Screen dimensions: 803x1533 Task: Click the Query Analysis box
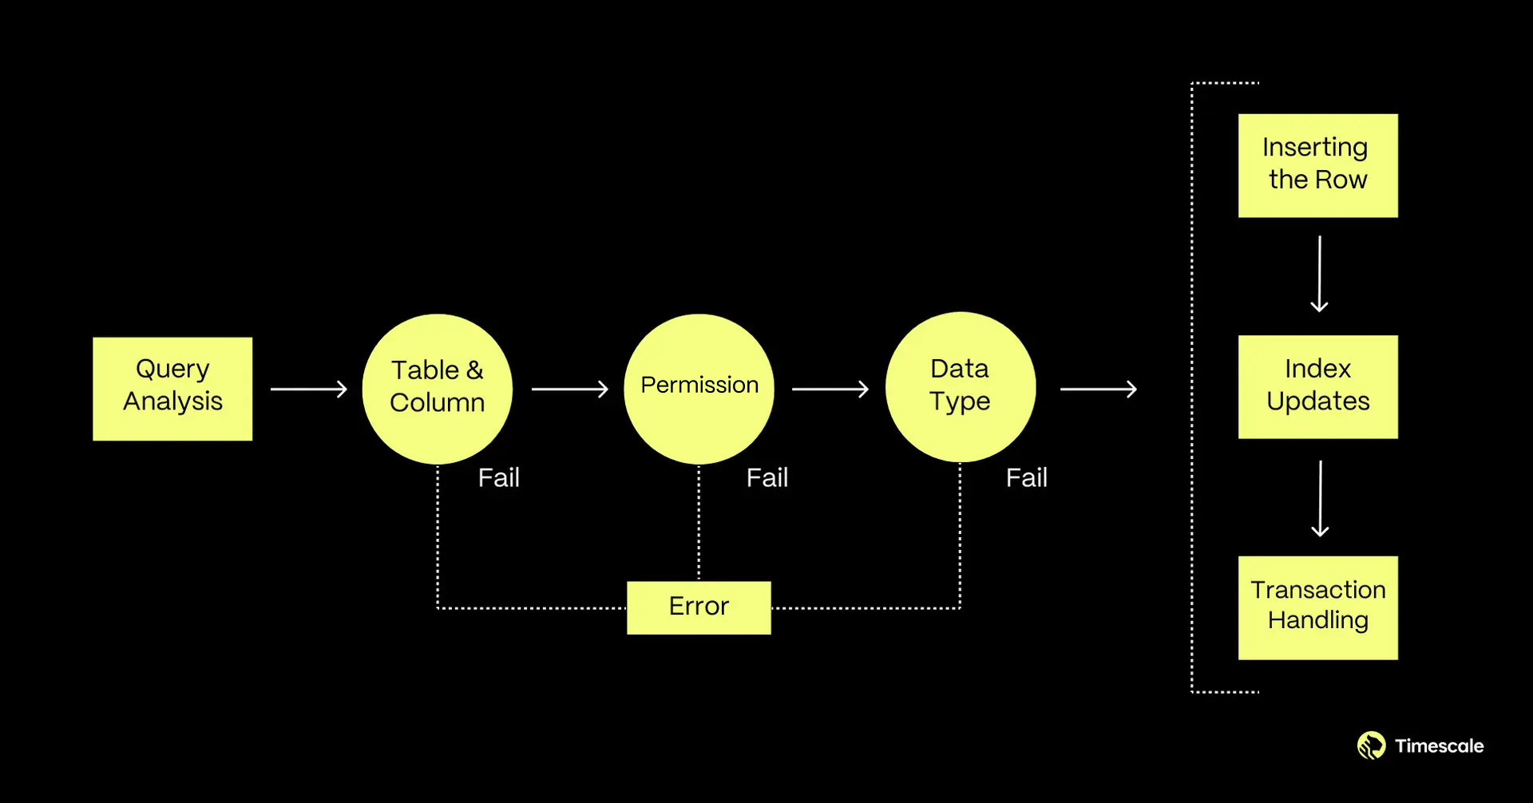coord(172,389)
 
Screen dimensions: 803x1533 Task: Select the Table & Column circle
coord(437,389)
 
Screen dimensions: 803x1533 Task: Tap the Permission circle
coord(699,389)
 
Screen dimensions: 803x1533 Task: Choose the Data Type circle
coord(961,387)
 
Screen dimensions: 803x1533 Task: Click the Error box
coord(699,607)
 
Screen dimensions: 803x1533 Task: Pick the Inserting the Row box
coord(1317,165)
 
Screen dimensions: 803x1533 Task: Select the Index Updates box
coord(1317,387)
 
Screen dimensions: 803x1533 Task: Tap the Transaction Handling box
coord(1317,607)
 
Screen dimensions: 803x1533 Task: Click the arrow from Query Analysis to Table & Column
coord(309,389)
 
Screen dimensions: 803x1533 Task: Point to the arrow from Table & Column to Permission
coord(570,389)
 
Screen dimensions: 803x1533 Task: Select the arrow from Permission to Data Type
coord(830,389)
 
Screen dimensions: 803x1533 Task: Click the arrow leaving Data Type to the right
coord(1099,389)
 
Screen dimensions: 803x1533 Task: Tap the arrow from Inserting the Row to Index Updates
coord(1319,274)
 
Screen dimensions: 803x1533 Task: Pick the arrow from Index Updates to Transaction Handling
coord(1320,498)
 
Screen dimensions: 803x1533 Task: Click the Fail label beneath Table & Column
coord(498,477)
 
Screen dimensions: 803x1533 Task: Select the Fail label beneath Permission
coord(766,477)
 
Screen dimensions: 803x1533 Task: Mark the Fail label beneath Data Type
coord(1026,477)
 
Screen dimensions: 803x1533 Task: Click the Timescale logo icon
coord(1371,746)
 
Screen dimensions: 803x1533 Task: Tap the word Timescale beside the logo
coord(1439,746)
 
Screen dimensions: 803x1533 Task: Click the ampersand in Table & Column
coord(475,370)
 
